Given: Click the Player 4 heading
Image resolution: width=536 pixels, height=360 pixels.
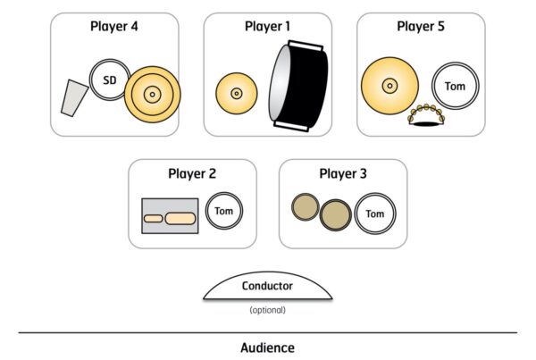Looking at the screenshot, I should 114,26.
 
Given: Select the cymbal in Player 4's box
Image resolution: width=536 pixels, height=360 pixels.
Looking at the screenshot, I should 152,93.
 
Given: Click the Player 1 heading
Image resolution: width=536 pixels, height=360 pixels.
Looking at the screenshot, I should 268,26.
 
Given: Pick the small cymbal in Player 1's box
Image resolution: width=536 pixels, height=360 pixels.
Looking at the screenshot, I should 237,93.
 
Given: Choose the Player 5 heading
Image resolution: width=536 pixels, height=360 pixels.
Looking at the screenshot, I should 422,26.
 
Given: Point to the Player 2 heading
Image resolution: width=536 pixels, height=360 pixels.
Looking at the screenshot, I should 192,173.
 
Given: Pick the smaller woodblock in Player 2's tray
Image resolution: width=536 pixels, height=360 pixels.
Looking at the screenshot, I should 153,218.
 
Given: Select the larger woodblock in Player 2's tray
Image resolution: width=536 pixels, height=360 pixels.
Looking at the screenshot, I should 180,218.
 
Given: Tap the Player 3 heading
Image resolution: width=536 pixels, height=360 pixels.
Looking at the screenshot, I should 343,173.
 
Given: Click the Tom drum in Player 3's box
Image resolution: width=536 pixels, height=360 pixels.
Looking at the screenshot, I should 374,214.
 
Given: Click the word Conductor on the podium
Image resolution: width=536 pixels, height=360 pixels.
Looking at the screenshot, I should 268,286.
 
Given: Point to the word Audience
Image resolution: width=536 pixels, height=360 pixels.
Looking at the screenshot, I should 267,347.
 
